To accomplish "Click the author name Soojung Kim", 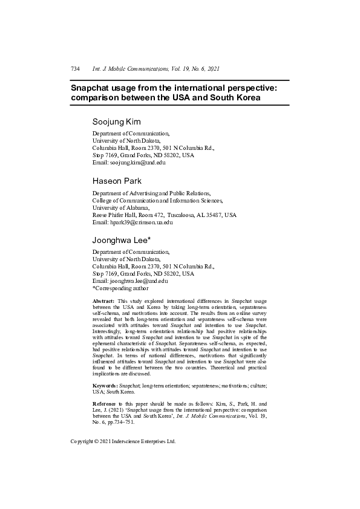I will coord(117,122).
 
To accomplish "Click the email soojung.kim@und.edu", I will coord(137,163).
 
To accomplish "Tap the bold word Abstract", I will coord(103,300).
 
